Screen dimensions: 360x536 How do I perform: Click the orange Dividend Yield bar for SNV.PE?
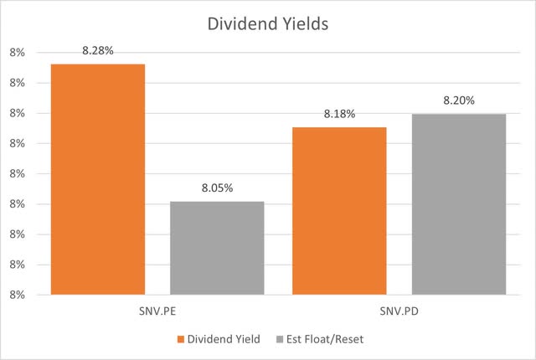click(x=97, y=179)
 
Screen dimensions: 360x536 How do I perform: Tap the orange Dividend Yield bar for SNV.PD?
click(x=339, y=211)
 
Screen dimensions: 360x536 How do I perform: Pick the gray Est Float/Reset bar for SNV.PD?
click(x=458, y=204)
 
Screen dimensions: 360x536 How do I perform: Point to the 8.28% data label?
click(x=97, y=51)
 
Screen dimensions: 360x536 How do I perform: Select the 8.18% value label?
click(x=339, y=115)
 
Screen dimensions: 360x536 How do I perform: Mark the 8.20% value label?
click(x=458, y=100)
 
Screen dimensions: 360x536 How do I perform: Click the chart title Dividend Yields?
click(x=268, y=24)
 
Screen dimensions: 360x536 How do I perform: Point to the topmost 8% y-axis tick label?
click(x=18, y=53)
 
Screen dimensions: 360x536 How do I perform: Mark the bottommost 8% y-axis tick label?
click(x=18, y=294)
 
